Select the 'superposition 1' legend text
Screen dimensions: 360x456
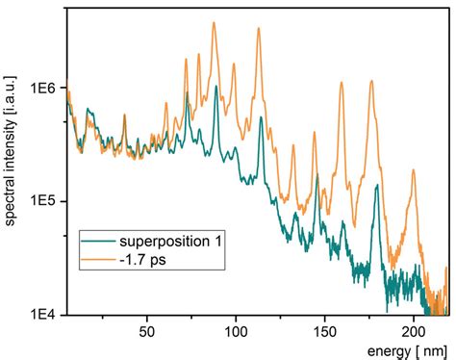(170, 240)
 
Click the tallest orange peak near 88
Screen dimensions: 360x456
(215, 23)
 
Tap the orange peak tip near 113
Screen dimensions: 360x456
(259, 29)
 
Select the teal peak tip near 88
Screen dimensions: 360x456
(216, 87)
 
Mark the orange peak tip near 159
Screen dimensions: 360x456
(341, 84)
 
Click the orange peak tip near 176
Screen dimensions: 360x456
(371, 82)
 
